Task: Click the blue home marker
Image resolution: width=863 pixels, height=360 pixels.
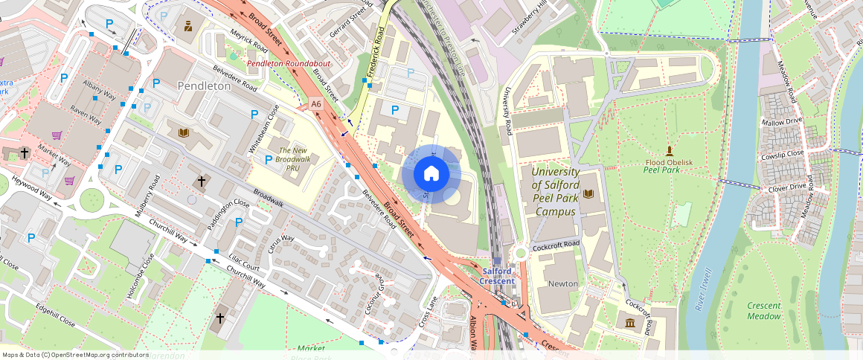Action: pyautogui.click(x=431, y=174)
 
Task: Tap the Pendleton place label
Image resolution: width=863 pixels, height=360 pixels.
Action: pyautogui.click(x=204, y=86)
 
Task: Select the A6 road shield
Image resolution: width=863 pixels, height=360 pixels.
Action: pyautogui.click(x=316, y=104)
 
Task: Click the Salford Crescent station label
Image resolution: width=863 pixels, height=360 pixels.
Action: pyautogui.click(x=497, y=276)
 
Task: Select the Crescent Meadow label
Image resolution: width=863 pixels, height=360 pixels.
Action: pyautogui.click(x=764, y=311)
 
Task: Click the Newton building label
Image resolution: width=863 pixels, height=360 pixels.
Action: pyautogui.click(x=562, y=284)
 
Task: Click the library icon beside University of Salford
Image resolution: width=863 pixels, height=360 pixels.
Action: pyautogui.click(x=589, y=194)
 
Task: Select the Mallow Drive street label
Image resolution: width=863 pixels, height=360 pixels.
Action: pyautogui.click(x=782, y=120)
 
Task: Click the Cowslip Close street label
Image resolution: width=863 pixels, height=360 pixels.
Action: pyautogui.click(x=783, y=154)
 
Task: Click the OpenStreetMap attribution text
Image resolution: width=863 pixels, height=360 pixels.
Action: pyautogui.click(x=75, y=355)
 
